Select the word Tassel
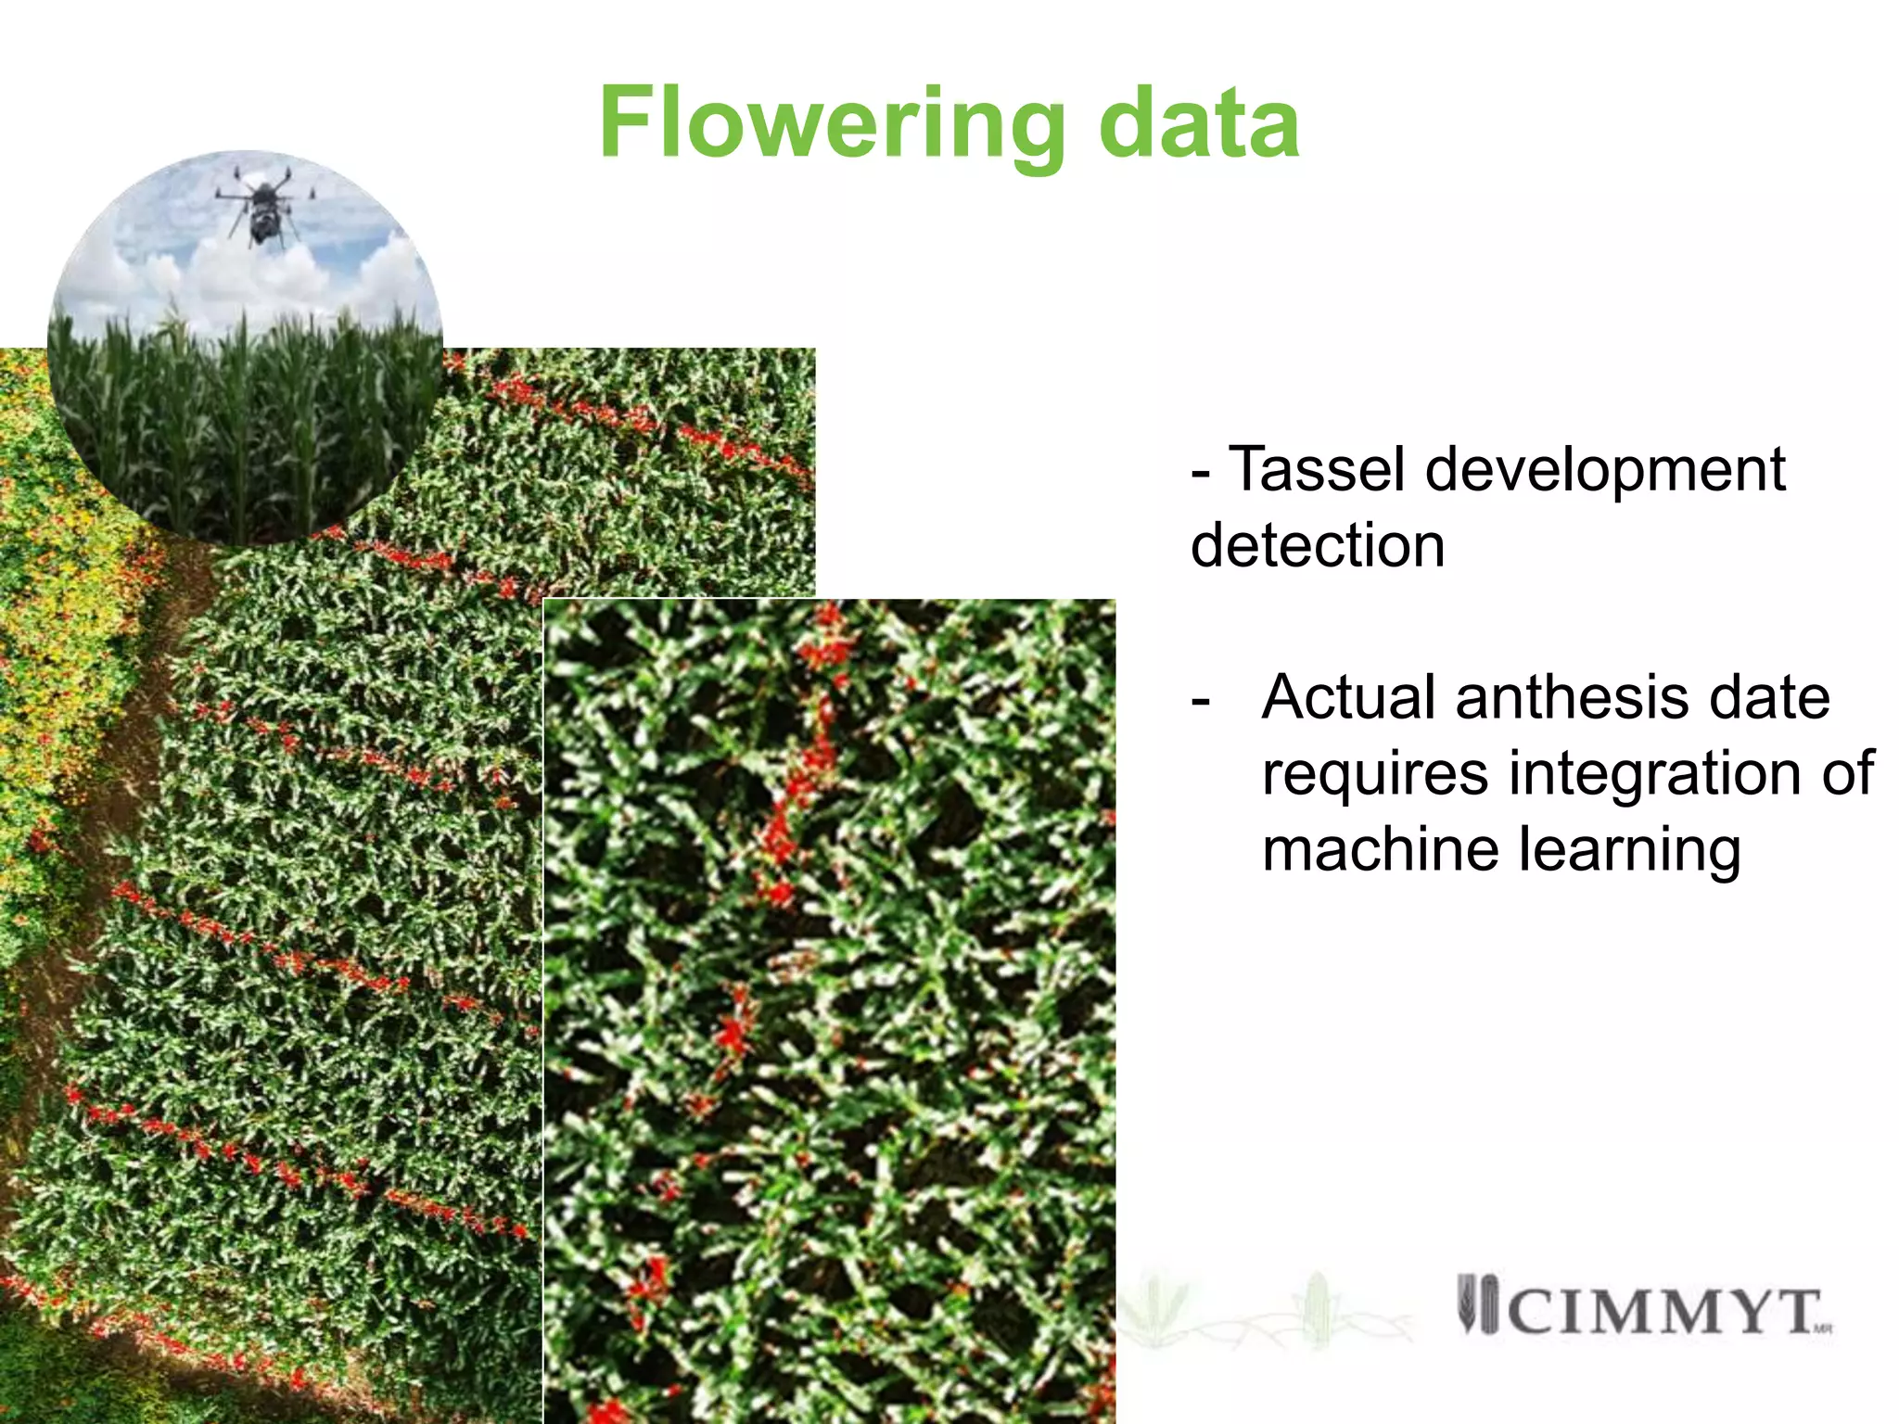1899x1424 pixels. (1318, 469)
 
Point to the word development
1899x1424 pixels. (1604, 471)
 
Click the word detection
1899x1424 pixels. (1318, 545)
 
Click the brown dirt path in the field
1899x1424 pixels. (139, 742)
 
